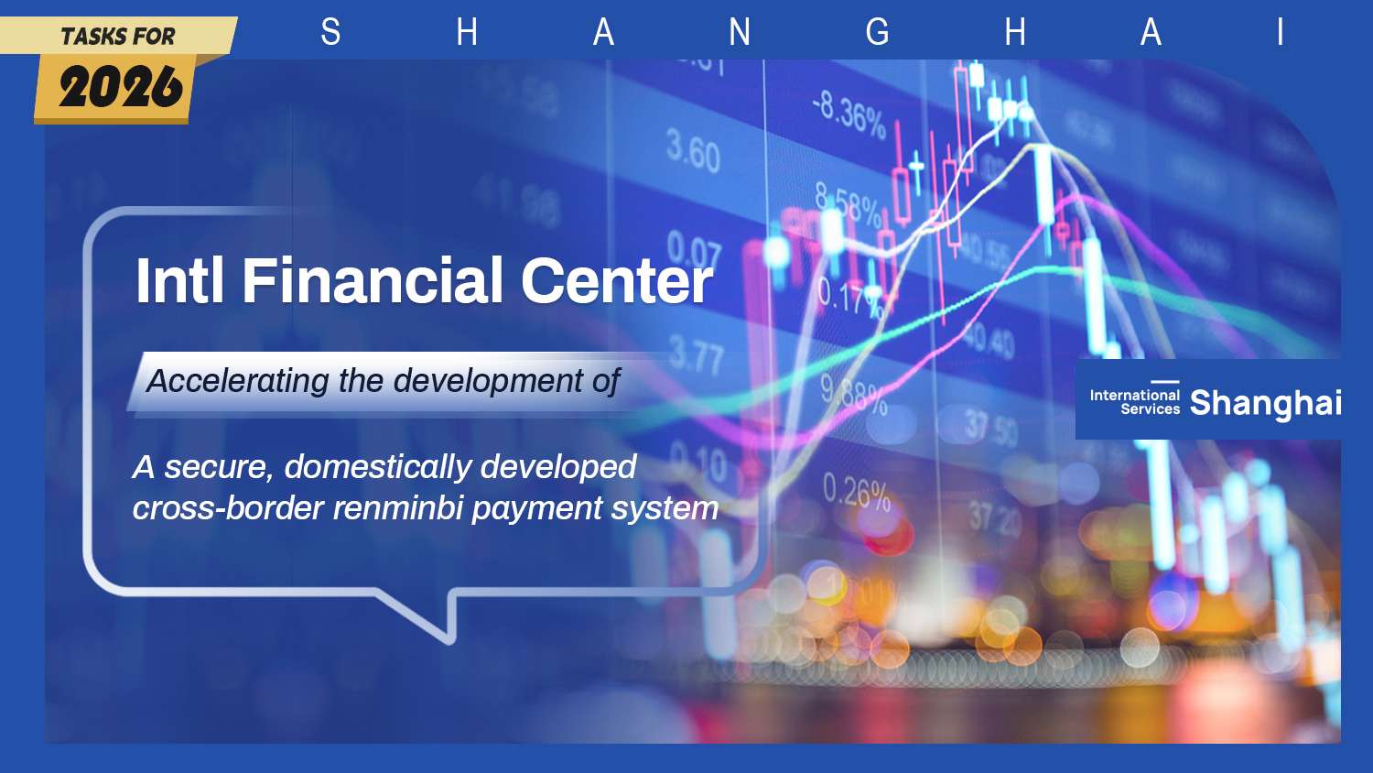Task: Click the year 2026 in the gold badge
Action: [120, 88]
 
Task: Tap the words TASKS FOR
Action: [117, 37]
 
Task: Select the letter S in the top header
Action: [330, 33]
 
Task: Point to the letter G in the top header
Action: [877, 33]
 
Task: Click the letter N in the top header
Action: [740, 33]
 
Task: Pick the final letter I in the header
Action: [1280, 33]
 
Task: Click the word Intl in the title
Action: [179, 280]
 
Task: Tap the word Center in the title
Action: [616, 280]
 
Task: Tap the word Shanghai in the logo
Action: [1265, 403]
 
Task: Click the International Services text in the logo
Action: [1134, 402]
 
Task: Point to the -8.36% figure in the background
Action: [849, 114]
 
